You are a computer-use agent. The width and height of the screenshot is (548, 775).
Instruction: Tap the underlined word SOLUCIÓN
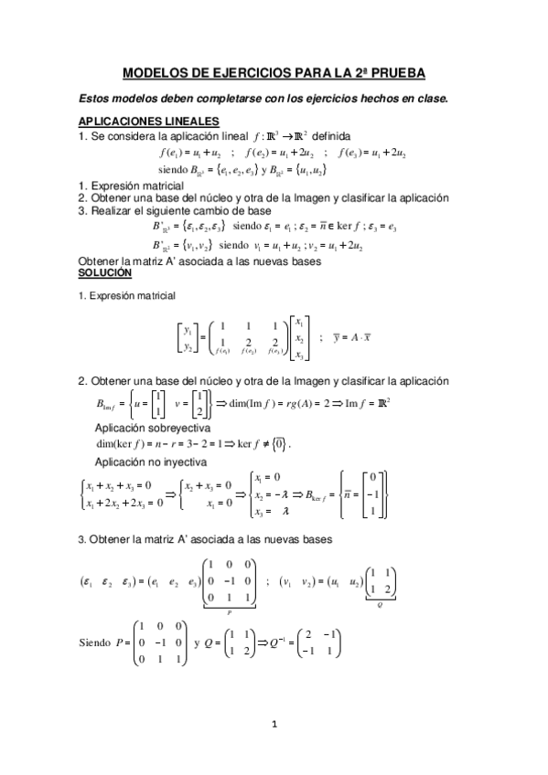tap(105, 248)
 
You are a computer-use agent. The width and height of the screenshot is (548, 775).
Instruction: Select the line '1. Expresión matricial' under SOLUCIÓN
tap(126, 271)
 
